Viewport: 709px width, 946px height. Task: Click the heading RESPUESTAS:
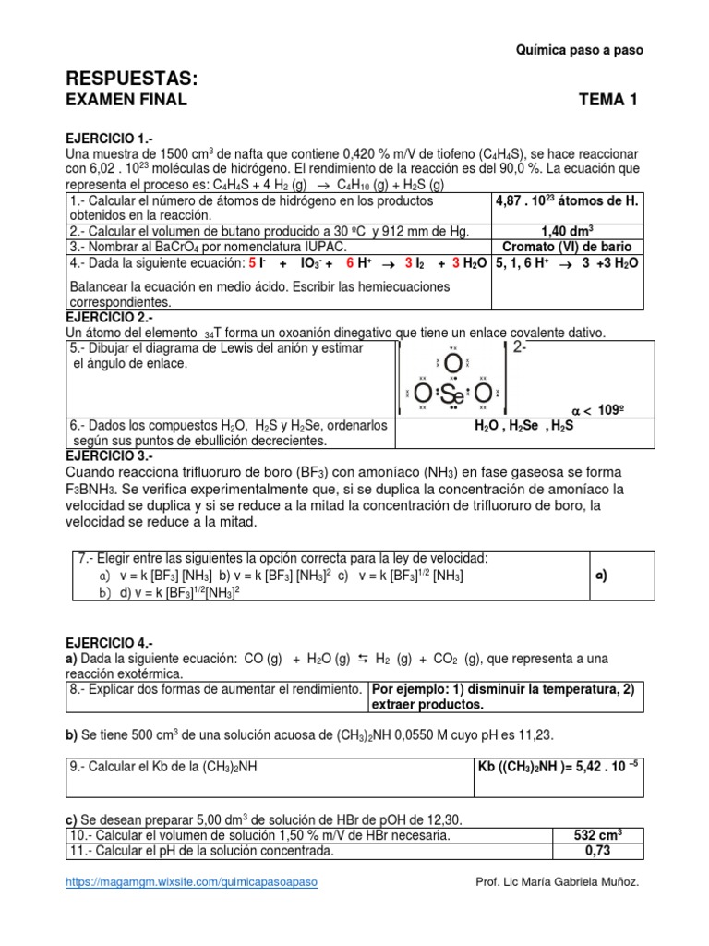click(132, 77)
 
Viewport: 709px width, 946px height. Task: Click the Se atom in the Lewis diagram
click(452, 395)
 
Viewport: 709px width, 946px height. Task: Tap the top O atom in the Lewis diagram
click(452, 363)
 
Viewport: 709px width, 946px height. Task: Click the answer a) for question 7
click(601, 574)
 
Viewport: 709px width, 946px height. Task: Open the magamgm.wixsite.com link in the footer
click(192, 882)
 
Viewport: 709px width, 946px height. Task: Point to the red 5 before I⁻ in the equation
click(252, 263)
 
